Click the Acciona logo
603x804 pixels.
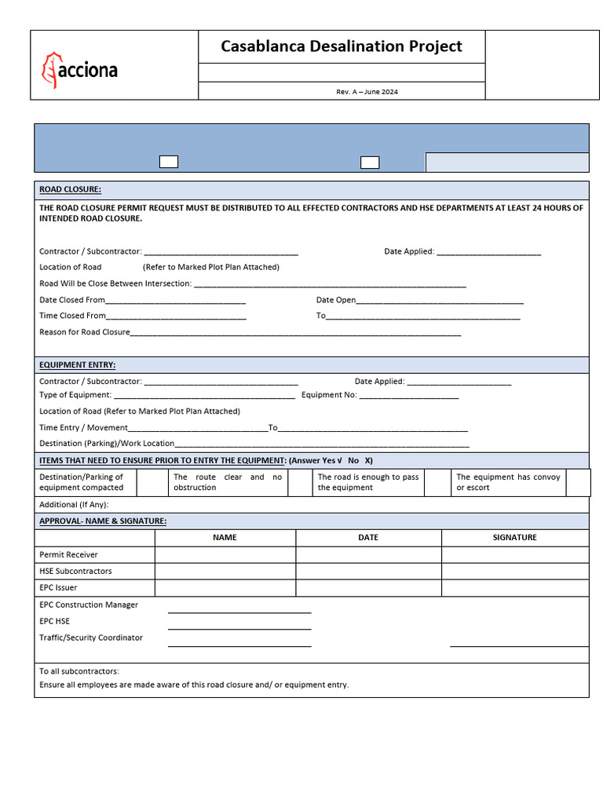pos(79,70)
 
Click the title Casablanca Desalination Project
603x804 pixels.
pos(342,46)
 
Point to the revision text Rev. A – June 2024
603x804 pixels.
pos(367,92)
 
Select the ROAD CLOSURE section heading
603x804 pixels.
pos(70,190)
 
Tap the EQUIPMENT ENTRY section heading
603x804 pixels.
pos(77,365)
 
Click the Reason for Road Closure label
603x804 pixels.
pos(85,332)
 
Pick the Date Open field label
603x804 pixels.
pos(336,300)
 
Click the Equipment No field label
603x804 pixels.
pos(329,395)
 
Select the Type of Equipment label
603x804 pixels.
pos(75,395)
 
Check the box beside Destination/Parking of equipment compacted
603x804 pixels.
pos(152,482)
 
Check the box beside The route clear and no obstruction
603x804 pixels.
pos(300,482)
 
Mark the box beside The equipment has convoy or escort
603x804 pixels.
pos(578,482)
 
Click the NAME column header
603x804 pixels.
pos(225,538)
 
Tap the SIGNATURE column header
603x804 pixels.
pos(514,538)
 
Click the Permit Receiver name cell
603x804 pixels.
pos(225,554)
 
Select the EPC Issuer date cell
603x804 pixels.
pos(368,587)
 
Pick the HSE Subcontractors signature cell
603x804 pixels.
pos(514,571)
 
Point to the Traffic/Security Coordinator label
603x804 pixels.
pos(91,638)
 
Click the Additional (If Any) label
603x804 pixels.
pos(74,505)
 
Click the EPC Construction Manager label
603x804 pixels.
pos(89,605)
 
